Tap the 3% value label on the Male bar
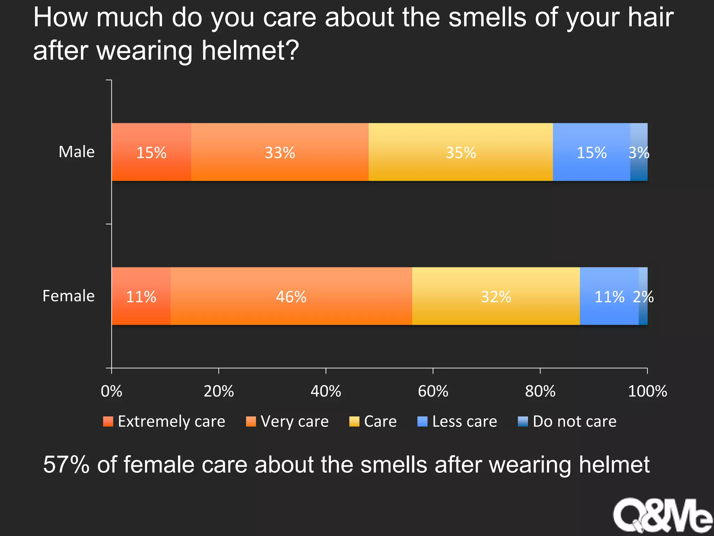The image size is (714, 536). (639, 152)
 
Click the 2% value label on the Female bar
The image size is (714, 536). (643, 297)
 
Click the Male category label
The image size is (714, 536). (76, 152)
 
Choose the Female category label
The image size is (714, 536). (68, 296)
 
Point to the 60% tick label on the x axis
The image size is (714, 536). (433, 391)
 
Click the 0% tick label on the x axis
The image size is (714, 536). (111, 391)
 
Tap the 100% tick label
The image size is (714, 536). (647, 391)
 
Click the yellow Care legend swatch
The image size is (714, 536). (354, 422)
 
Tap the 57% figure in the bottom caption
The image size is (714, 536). (66, 465)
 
